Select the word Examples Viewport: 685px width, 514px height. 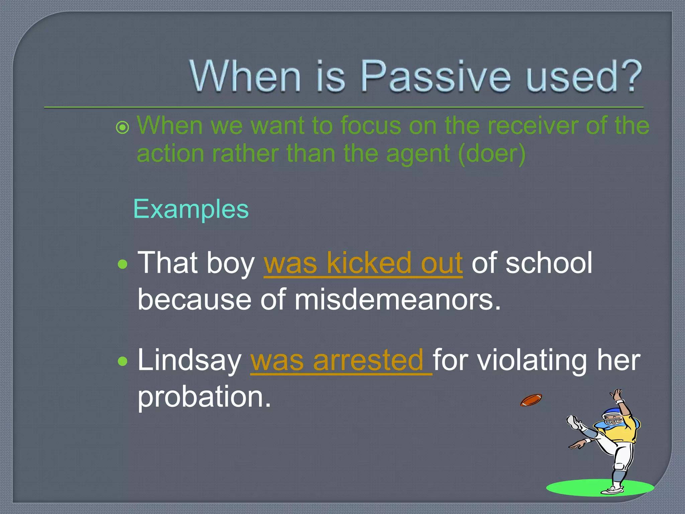191,209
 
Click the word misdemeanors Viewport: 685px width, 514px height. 398,299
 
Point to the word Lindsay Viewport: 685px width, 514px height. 189,360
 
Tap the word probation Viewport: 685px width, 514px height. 204,397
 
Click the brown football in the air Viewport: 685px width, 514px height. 531,400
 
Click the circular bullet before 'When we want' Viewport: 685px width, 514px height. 122,127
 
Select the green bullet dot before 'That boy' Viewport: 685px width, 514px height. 123,264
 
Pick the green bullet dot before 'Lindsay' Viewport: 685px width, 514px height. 123,361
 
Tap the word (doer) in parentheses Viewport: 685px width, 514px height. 492,154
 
